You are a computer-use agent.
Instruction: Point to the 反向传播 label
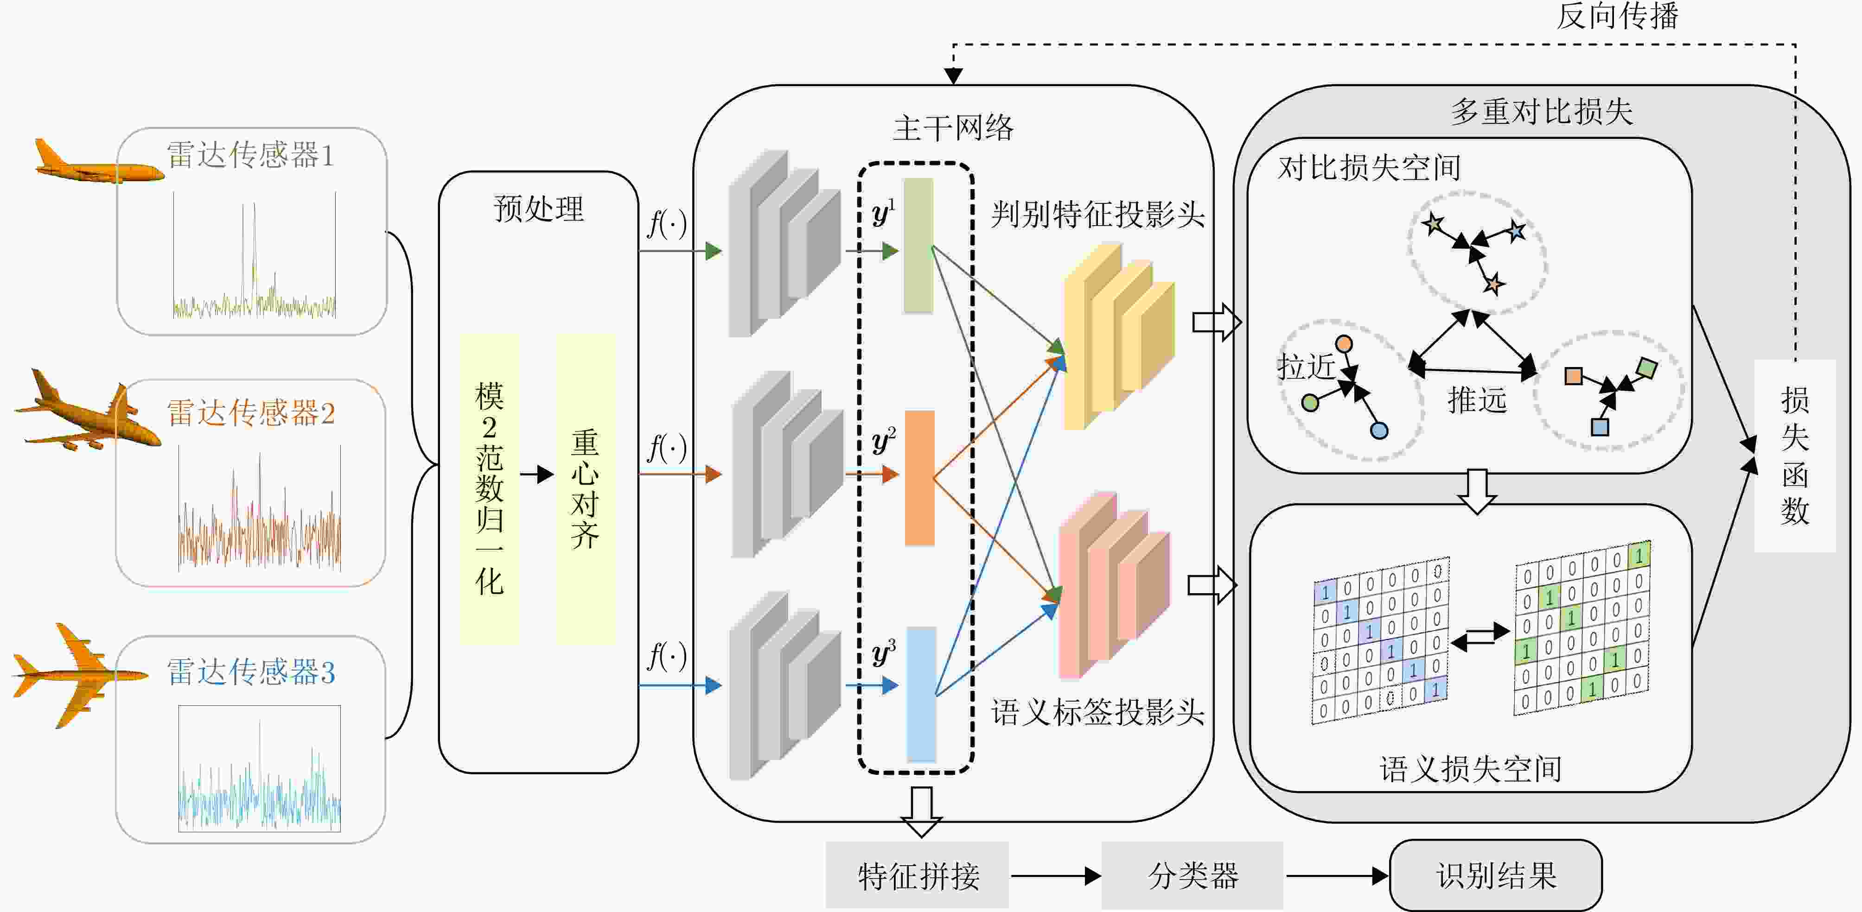pyautogui.click(x=1616, y=16)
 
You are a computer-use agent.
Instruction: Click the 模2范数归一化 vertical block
pyautogui.click(x=489, y=488)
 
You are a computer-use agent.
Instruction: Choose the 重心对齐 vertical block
pyautogui.click(x=585, y=488)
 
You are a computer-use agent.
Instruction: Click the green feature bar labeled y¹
pyautogui.click(x=918, y=246)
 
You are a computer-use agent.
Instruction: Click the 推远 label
pyautogui.click(x=1477, y=399)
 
